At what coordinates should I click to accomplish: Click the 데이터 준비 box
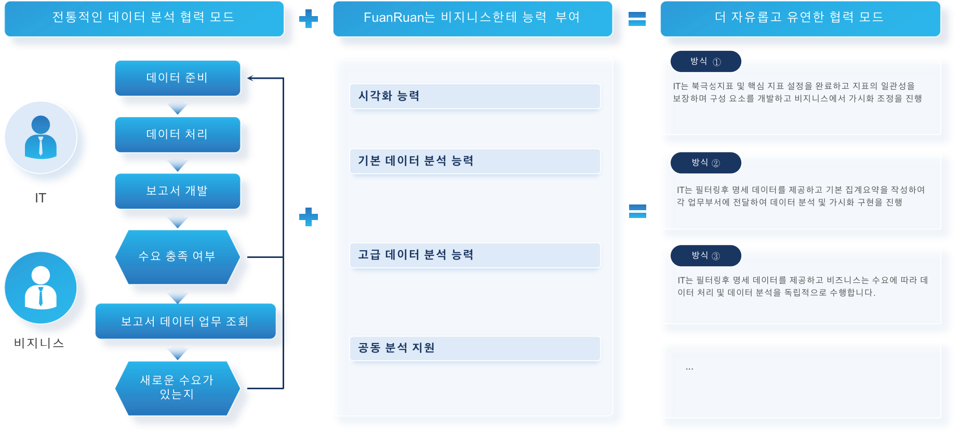click(x=177, y=78)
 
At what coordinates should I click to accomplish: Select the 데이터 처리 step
click(x=177, y=134)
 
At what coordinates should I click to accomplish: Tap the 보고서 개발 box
click(x=177, y=191)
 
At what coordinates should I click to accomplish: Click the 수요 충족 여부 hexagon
click(x=177, y=256)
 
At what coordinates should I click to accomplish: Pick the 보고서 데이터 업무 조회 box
click(x=185, y=321)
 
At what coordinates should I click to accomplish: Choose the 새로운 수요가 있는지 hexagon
click(x=177, y=388)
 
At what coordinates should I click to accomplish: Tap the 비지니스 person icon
click(x=41, y=288)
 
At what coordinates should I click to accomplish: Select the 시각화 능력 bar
click(x=475, y=96)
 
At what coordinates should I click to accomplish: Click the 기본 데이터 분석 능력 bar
click(x=475, y=161)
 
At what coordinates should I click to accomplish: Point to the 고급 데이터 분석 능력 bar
click(x=475, y=255)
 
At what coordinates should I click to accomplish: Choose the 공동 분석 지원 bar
click(x=475, y=348)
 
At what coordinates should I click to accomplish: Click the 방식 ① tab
click(x=705, y=61)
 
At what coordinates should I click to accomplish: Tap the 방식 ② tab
click(x=705, y=162)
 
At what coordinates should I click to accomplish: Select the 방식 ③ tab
click(x=705, y=255)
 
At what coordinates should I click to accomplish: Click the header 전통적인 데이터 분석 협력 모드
click(x=144, y=18)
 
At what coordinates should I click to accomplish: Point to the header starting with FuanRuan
click(x=472, y=18)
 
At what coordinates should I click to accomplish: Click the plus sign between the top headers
click(x=309, y=19)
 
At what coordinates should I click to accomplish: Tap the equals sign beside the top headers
click(x=637, y=19)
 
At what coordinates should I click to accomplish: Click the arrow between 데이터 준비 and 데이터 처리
click(x=178, y=107)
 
